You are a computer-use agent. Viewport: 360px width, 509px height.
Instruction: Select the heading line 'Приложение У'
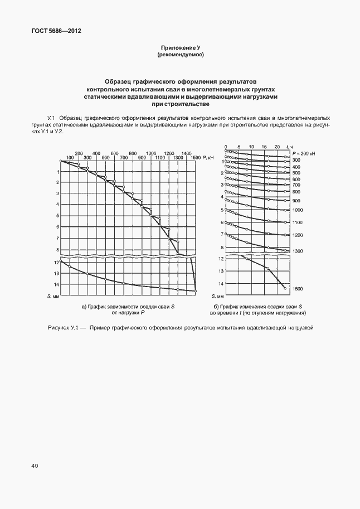click(180, 49)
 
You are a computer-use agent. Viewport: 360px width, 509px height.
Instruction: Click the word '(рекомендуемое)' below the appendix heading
click(180, 55)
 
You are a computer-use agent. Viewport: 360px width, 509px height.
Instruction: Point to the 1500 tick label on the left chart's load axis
click(195, 158)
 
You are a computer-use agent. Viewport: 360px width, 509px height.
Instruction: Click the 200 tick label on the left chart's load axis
click(79, 153)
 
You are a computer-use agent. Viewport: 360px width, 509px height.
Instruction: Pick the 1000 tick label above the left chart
click(150, 153)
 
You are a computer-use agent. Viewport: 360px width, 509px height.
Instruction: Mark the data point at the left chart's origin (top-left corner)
click(61, 161)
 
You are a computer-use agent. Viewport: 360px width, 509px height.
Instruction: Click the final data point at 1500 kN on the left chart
click(196, 290)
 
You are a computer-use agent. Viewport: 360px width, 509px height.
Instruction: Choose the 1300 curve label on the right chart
click(297, 251)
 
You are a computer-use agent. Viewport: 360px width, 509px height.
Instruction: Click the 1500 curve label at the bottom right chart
click(297, 289)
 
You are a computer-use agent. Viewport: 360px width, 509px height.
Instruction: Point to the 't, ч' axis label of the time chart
click(288, 146)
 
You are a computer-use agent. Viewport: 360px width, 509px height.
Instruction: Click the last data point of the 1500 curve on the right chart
click(285, 288)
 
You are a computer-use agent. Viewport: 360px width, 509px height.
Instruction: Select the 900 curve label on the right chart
click(296, 200)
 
